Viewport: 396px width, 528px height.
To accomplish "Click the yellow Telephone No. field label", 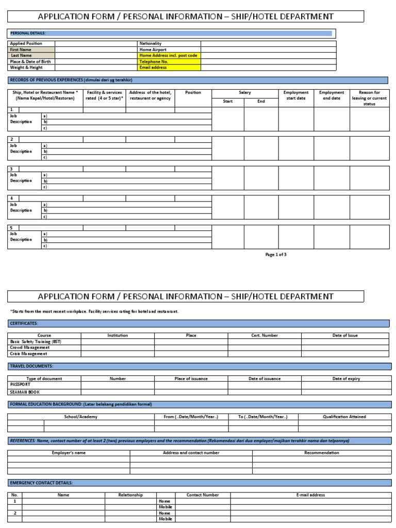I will pyautogui.click(x=154, y=61).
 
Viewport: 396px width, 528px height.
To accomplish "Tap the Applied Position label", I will pyautogui.click(x=26, y=44).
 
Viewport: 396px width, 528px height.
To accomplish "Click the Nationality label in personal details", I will pyautogui.click(x=151, y=44).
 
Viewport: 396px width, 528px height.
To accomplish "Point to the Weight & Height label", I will pyautogui.click(x=26, y=67).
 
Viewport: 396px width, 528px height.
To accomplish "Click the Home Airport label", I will pyautogui.click(x=153, y=49).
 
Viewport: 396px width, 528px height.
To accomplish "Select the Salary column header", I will pyautogui.click(x=244, y=93).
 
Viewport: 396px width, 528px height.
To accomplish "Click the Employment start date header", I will pyautogui.click(x=296, y=95).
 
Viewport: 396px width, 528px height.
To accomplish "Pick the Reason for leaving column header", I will pyautogui.click(x=369, y=98).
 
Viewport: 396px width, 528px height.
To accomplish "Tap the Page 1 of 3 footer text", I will pyautogui.click(x=276, y=255).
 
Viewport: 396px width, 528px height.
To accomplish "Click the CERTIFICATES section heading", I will pyautogui.click(x=24, y=323).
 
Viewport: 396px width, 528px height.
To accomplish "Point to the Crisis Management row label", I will pyautogui.click(x=29, y=354).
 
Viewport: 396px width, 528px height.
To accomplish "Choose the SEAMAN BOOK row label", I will pyautogui.click(x=25, y=392).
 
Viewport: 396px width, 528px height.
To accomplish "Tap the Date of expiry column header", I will pyautogui.click(x=346, y=378).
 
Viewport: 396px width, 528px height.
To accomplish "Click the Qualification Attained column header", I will pyautogui.click(x=344, y=417).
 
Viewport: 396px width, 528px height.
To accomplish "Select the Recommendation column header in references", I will pyautogui.click(x=322, y=453).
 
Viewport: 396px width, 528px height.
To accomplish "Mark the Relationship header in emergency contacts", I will pyautogui.click(x=130, y=495).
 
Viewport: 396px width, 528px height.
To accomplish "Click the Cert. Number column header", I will pyautogui.click(x=265, y=335).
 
